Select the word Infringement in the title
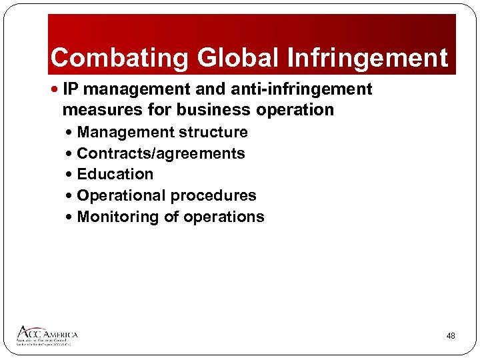click(367, 58)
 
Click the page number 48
click(451, 336)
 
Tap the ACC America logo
click(47, 335)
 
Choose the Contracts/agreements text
click(161, 153)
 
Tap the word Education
click(115, 174)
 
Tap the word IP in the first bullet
click(71, 89)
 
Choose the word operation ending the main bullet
click(296, 109)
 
